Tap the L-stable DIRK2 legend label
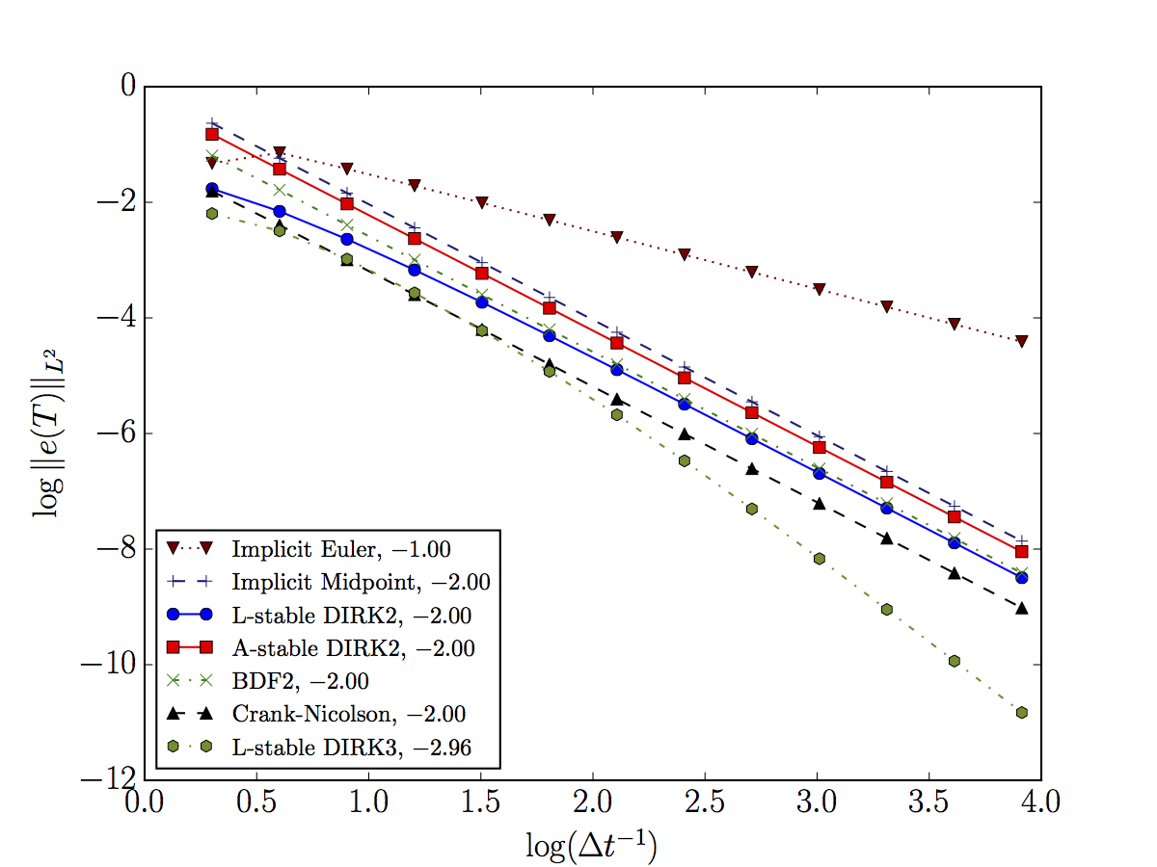(351, 615)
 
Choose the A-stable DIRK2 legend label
(353, 648)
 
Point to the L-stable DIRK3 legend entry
(351, 748)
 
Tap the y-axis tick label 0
(126, 87)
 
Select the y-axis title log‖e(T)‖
(49, 433)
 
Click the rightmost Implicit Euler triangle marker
(1021, 341)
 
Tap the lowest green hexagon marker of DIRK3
(1021, 713)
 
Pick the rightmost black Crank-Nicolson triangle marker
(1021, 608)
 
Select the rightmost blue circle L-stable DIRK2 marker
(1021, 577)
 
